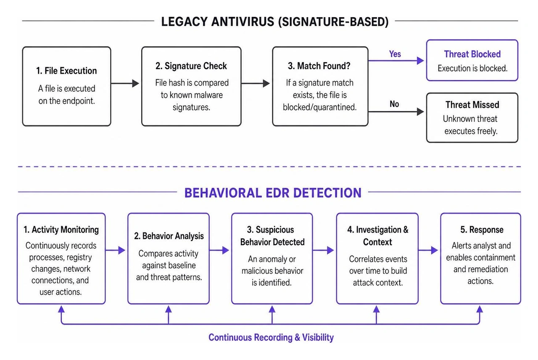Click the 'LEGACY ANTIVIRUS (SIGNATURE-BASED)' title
click(275, 22)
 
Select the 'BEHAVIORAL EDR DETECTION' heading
click(273, 193)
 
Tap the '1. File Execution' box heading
click(66, 71)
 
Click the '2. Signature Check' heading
click(191, 66)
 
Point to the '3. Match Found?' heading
click(319, 66)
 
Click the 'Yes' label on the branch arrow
click(395, 54)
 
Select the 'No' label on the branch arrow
click(394, 104)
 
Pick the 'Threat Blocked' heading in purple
click(472, 54)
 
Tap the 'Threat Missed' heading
click(472, 105)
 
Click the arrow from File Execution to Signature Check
click(125, 83)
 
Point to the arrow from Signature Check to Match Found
click(256, 83)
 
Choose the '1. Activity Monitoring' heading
click(61, 230)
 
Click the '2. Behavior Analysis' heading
click(169, 236)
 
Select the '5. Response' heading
click(482, 230)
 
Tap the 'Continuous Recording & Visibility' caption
click(271, 337)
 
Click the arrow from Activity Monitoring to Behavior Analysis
click(115, 250)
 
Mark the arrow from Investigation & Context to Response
click(428, 250)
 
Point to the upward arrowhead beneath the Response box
click(480, 309)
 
